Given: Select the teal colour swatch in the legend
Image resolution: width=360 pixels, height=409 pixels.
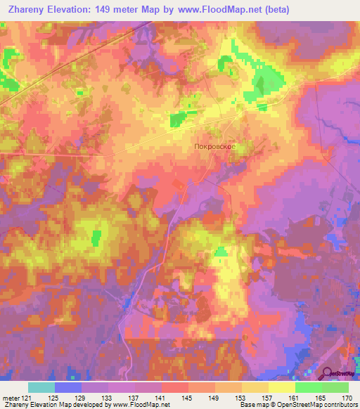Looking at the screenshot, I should (x=41, y=387).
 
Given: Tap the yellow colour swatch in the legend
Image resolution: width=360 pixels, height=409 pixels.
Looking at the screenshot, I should (x=281, y=387).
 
